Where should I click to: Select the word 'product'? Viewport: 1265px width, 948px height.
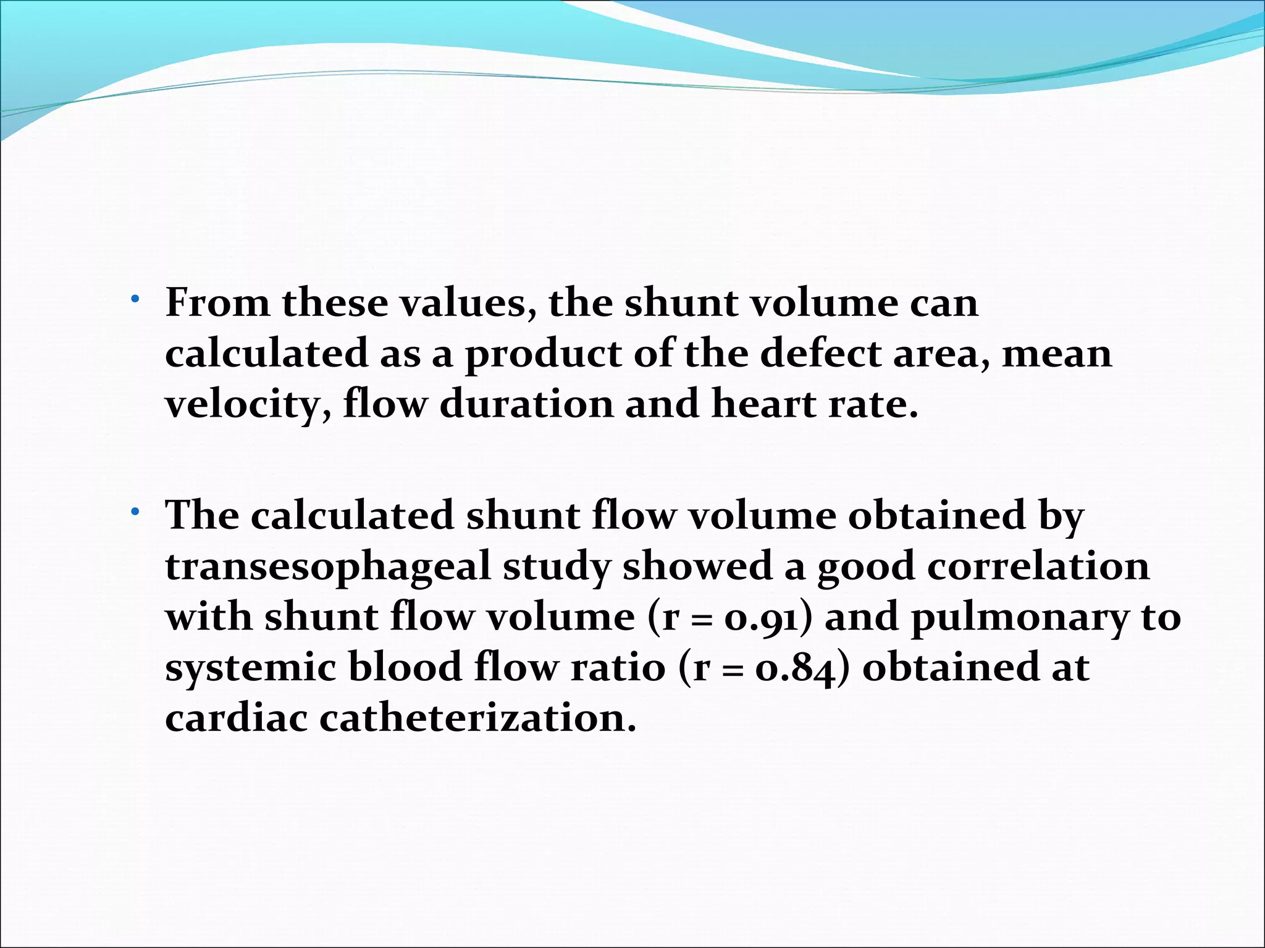click(x=543, y=355)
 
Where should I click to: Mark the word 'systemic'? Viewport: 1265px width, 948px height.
click(x=250, y=668)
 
